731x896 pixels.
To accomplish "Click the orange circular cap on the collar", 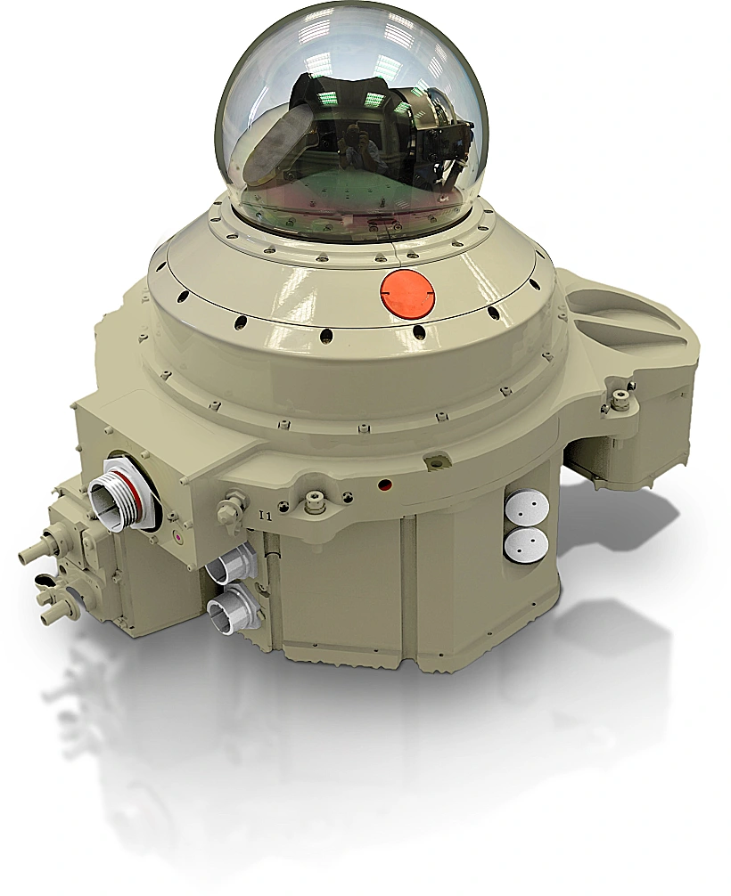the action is [408, 294].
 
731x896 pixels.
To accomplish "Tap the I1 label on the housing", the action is [264, 516].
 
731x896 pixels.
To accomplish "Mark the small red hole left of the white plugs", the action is [385, 485].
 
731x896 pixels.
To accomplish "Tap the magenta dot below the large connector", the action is [178, 538].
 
